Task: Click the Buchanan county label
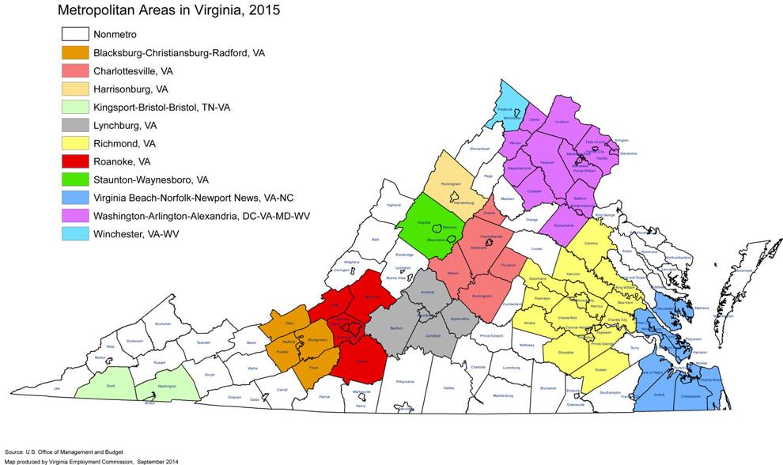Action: pyautogui.click(x=163, y=323)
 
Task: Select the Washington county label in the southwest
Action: pyautogui.click(x=167, y=385)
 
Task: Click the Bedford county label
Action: pyautogui.click(x=397, y=327)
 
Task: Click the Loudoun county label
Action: pyautogui.click(x=562, y=123)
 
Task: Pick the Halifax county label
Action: pyautogui.click(x=449, y=388)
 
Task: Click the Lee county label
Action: pyautogui.click(x=56, y=389)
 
